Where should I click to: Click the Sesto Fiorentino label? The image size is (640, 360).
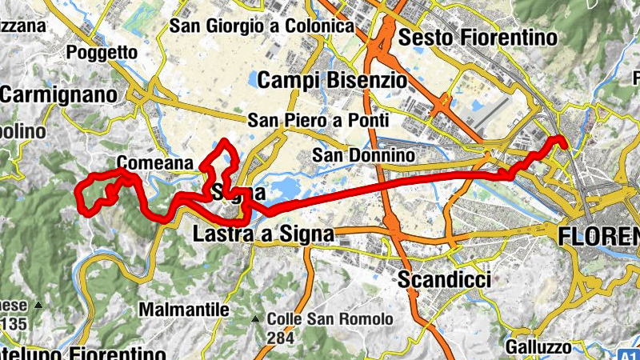click(x=477, y=37)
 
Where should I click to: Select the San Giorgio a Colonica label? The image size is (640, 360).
click(x=262, y=26)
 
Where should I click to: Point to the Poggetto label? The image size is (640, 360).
click(x=103, y=53)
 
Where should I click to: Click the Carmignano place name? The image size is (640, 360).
click(x=58, y=94)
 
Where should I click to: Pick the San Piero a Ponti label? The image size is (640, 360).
click(x=318, y=121)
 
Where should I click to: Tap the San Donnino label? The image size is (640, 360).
click(x=363, y=154)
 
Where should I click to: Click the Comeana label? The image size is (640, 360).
click(x=155, y=163)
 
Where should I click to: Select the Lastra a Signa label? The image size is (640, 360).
click(x=263, y=234)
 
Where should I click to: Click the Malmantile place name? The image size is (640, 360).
click(x=184, y=309)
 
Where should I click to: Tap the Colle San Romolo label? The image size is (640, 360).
click(x=330, y=318)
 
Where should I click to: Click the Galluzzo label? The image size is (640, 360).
click(x=538, y=347)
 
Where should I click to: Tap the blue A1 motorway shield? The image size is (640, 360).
click(x=630, y=354)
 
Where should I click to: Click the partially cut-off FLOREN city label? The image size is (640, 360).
click(x=598, y=235)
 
